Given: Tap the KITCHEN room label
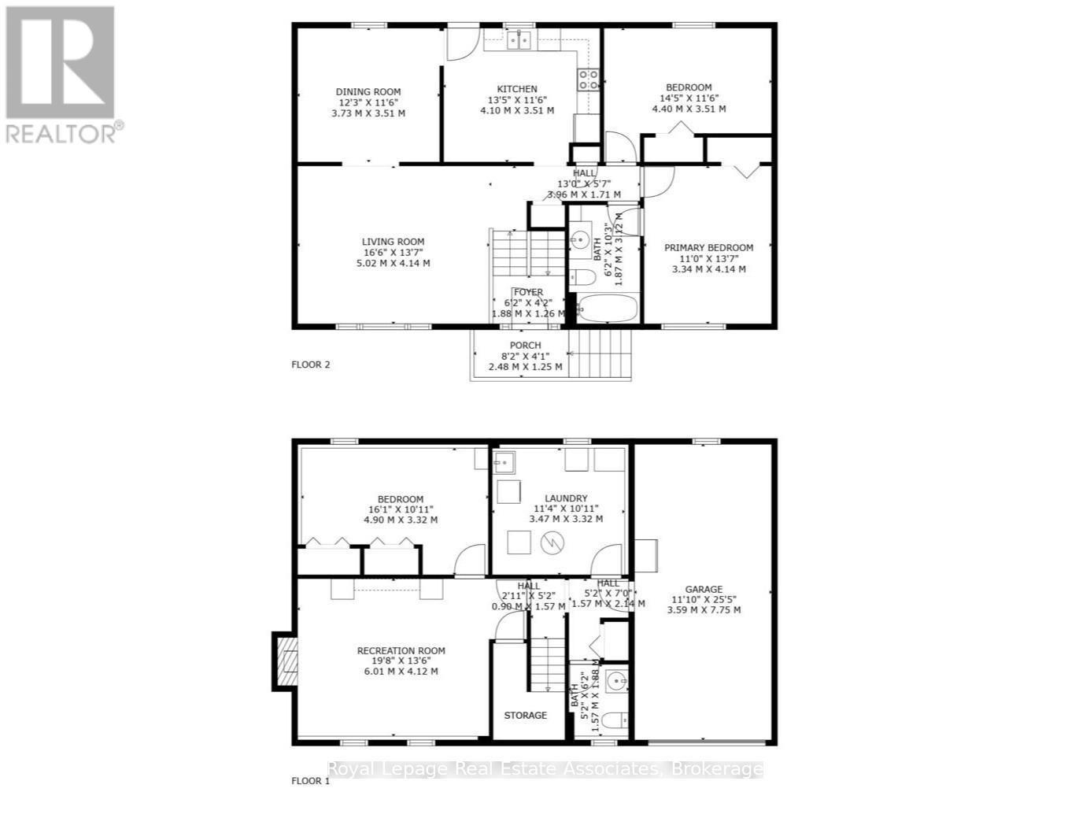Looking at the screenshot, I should point(517,89).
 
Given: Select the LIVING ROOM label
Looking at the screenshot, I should point(393,242).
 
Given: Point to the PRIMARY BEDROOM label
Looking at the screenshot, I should point(708,247).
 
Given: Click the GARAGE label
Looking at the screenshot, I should point(704,589).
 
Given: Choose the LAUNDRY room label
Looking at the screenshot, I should point(566,498).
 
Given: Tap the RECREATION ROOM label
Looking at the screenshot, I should point(401,650).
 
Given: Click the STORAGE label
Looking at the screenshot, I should point(525,715).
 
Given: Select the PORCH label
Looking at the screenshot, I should point(525,345).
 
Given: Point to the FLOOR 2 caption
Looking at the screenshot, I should point(311,365).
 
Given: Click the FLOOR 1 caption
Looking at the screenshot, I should point(311,781).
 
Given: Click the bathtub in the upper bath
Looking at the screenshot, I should point(608,309).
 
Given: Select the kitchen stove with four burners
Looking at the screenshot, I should point(588,78).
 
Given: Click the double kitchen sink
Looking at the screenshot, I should point(519,39).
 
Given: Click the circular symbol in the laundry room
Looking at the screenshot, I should point(553,542).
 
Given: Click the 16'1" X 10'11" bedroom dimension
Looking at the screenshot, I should point(401,509).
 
